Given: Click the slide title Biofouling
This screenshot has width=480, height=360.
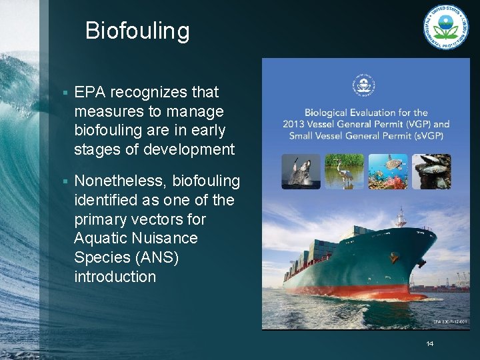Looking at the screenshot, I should [137, 31].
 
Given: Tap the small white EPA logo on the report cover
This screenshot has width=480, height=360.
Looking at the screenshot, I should [364, 86].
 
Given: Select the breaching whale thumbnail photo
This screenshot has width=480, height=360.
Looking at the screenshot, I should [301, 171].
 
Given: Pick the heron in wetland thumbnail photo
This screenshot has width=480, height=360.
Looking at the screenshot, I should [343, 171].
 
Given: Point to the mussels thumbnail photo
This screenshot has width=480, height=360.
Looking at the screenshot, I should [431, 171].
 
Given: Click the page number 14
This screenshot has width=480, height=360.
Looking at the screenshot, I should [430, 344].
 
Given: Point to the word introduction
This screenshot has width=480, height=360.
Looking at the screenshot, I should [115, 277].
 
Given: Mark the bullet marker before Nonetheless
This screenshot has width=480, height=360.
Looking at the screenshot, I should [63, 181].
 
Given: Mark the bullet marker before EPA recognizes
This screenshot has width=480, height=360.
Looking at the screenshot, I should [63, 93].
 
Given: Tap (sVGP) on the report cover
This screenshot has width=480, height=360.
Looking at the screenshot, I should [427, 135].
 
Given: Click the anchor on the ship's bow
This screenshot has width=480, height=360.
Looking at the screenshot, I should [421, 263].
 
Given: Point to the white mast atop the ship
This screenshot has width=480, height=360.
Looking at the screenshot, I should [401, 217].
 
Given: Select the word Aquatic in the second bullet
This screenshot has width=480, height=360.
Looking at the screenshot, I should [101, 238].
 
